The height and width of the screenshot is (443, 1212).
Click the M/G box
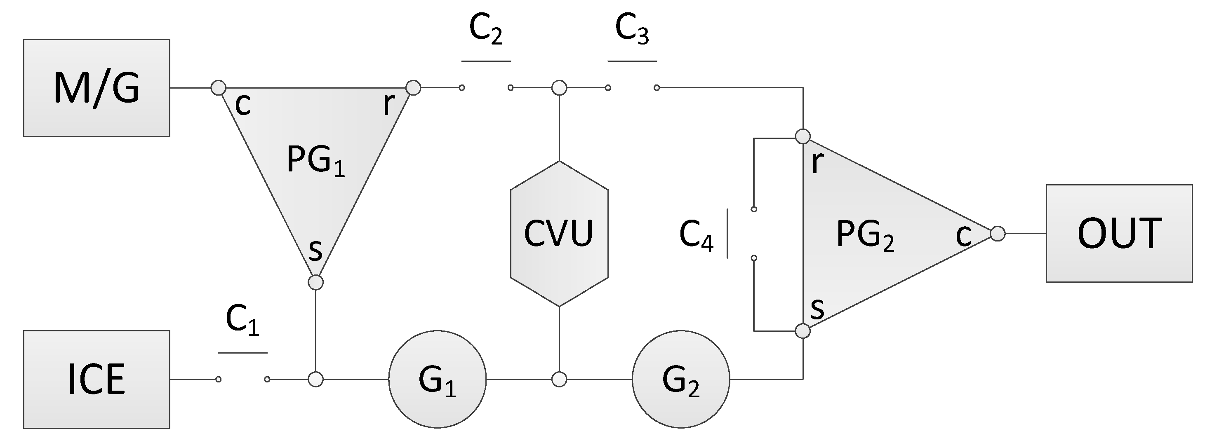click(x=96, y=88)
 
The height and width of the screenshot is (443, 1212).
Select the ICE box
click(x=96, y=379)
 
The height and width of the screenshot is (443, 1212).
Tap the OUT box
click(x=1119, y=234)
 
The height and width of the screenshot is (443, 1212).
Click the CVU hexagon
click(x=559, y=234)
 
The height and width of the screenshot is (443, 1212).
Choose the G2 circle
click(x=681, y=379)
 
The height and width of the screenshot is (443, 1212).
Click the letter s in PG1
click(x=315, y=251)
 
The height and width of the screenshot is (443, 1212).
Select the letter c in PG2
click(x=963, y=235)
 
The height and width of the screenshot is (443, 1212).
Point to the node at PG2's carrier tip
click(x=998, y=234)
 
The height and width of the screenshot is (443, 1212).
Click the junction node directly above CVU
click(x=559, y=87)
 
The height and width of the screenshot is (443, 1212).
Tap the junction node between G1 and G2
click(x=559, y=379)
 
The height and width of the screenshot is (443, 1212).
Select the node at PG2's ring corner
click(x=803, y=136)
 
